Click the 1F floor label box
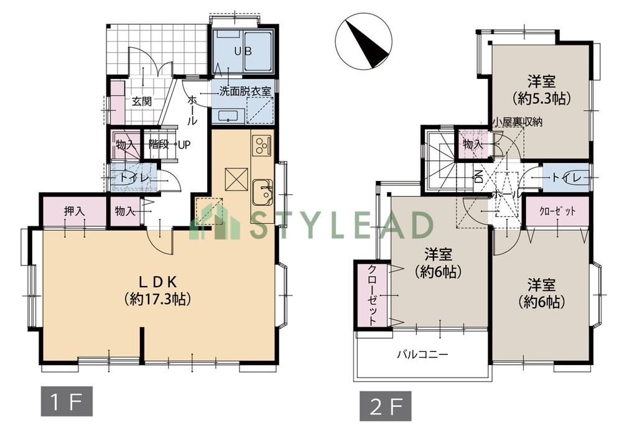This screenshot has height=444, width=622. [67, 401]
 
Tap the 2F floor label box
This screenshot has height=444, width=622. [386, 406]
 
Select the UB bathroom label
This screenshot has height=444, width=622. [243, 51]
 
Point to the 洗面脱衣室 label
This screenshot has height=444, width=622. [245, 91]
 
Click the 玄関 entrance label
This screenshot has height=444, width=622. [142, 101]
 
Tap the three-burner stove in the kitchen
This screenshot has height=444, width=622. [262, 146]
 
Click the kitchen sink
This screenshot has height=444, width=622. [262, 192]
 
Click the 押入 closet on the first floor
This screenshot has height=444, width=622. [74, 211]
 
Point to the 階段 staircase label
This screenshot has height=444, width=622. [158, 144]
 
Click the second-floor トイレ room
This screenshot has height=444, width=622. [565, 178]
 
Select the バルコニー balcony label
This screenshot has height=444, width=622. [423, 354]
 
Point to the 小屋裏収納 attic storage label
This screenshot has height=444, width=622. [517, 122]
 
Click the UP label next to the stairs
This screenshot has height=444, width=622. [183, 145]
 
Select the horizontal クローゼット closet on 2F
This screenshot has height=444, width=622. [557, 211]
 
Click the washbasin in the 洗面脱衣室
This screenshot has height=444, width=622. [228, 116]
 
